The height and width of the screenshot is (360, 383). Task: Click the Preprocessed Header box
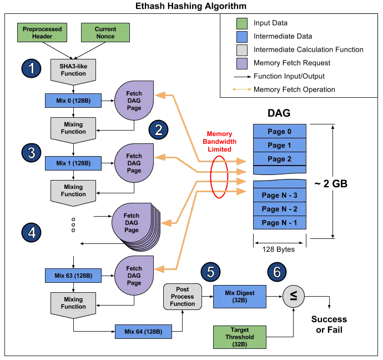[42, 32]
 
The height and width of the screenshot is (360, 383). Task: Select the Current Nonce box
[105, 32]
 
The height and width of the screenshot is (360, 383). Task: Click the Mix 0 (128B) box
[73, 101]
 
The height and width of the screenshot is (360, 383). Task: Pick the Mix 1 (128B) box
[73, 163]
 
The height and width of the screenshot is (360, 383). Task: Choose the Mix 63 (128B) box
[73, 275]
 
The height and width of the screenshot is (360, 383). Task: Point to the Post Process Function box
[183, 297]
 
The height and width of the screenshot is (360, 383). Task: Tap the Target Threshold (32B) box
[240, 337]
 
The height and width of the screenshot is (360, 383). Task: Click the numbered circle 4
[32, 233]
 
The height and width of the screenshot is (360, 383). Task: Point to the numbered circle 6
[277, 272]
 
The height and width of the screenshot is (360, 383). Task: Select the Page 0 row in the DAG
[280, 132]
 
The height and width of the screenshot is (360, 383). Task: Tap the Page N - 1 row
[280, 223]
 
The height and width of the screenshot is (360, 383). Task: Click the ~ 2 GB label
[331, 183]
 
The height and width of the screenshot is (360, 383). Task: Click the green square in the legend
[241, 23]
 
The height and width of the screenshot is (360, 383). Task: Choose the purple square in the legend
[241, 62]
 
